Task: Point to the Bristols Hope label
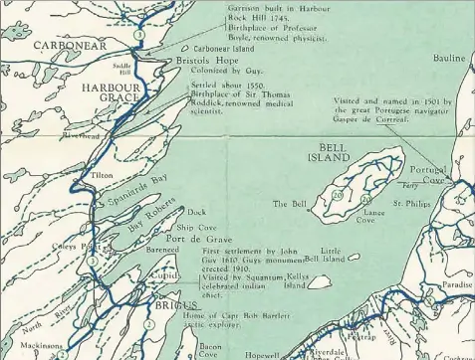pos(205,60)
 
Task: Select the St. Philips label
pos(410,203)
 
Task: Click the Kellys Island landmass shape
pos(320,281)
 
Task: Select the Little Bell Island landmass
pos(354,258)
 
